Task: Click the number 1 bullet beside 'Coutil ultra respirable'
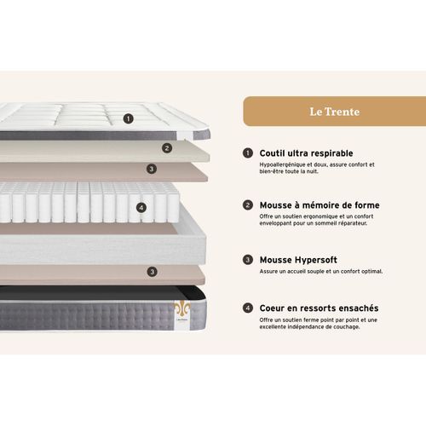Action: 248,153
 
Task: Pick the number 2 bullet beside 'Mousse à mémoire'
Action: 248,205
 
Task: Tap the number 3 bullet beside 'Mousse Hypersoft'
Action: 248,258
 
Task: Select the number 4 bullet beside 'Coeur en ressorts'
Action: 248,308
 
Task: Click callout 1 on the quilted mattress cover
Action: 128,119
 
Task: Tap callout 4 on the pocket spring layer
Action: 141,206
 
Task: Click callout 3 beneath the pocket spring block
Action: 153,273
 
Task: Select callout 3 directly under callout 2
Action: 151,169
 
